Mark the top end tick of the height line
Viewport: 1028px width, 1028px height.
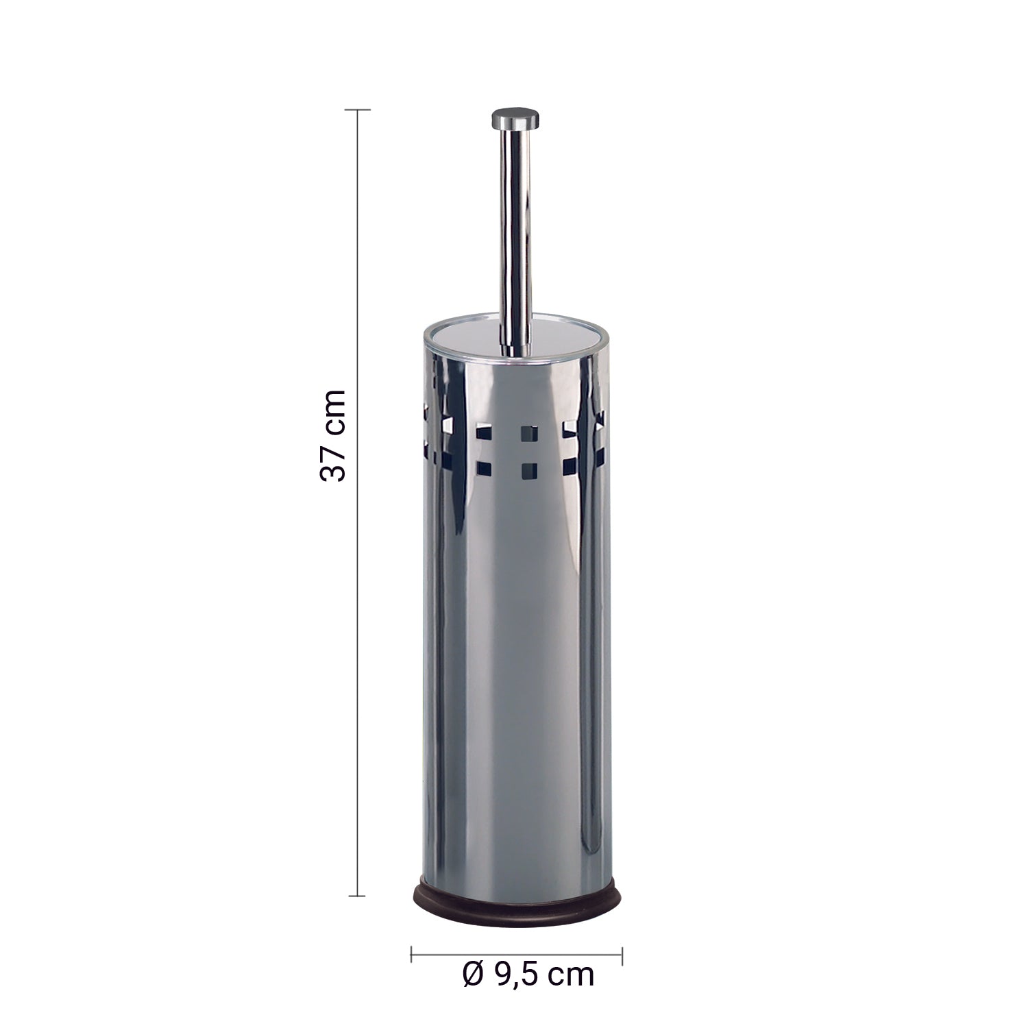tap(357, 110)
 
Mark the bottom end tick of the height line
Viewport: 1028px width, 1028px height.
tap(357, 895)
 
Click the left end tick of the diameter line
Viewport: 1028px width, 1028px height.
tap(411, 953)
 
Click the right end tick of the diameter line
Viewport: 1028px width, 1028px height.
tap(622, 953)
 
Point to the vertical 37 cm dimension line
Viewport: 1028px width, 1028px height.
tap(357, 617)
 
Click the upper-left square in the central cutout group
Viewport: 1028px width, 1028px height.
tap(485, 433)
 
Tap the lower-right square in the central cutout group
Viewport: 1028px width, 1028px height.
tap(528, 470)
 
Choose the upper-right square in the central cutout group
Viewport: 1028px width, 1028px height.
tap(528, 433)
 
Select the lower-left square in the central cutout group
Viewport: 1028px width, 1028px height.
tap(485, 470)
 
